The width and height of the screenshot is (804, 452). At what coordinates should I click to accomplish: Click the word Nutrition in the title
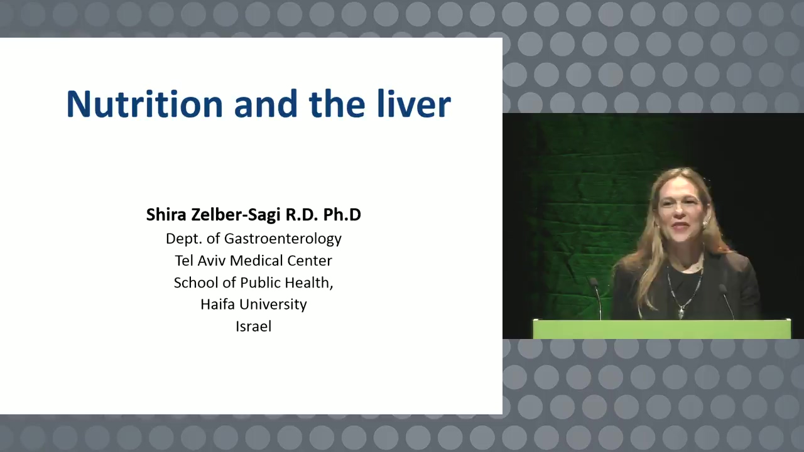[x=144, y=104]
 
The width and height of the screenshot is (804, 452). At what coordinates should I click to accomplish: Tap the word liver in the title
[x=414, y=104]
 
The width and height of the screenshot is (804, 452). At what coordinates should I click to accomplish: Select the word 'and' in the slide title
[x=266, y=104]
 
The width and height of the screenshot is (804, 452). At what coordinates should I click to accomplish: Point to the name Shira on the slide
[x=166, y=215]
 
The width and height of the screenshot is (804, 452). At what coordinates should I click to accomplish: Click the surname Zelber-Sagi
[x=236, y=215]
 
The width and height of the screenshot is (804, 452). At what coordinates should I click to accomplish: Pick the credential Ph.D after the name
[x=342, y=215]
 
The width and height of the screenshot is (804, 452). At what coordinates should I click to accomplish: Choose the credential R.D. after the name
[x=302, y=215]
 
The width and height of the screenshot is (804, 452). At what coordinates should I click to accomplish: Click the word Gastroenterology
[x=283, y=239]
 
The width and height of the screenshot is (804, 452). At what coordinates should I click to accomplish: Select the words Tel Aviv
[x=200, y=261]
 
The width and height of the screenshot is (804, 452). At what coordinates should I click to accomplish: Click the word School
[x=196, y=282]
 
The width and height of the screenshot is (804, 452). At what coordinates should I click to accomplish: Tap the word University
[x=273, y=304]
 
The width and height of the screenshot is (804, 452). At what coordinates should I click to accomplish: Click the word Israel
[x=253, y=326]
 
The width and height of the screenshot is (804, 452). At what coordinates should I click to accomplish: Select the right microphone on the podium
[x=727, y=301]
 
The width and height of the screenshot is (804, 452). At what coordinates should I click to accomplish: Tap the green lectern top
[x=661, y=328]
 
